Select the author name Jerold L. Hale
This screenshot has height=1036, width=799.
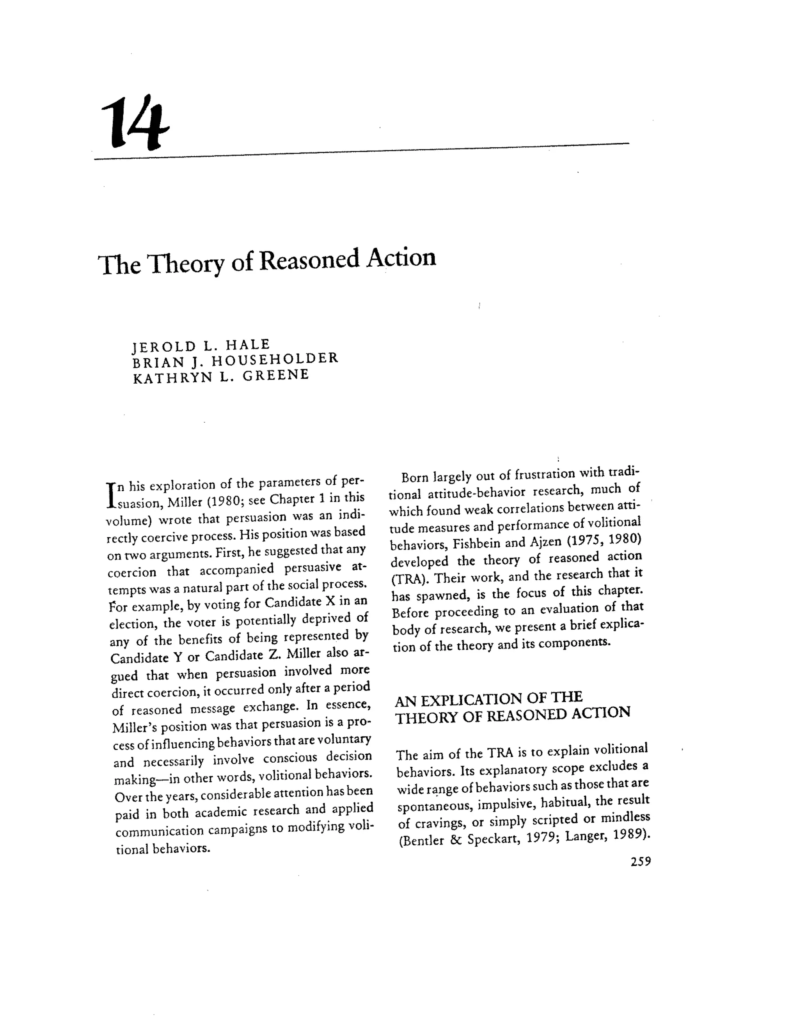201,345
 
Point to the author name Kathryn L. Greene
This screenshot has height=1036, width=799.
221,377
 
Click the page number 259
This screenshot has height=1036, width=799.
641,861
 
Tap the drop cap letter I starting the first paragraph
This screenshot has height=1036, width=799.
110,495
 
